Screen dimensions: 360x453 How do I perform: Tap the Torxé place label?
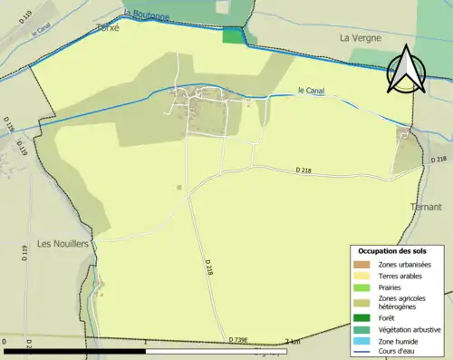click(x=108, y=28)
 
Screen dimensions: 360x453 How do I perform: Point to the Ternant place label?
click(x=425, y=207)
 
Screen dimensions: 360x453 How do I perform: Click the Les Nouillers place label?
click(x=63, y=244)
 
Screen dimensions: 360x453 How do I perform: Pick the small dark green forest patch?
click(x=234, y=35)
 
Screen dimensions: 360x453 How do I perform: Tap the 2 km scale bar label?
click(x=292, y=341)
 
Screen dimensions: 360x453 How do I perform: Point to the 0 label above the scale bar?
click(x=6, y=341)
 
